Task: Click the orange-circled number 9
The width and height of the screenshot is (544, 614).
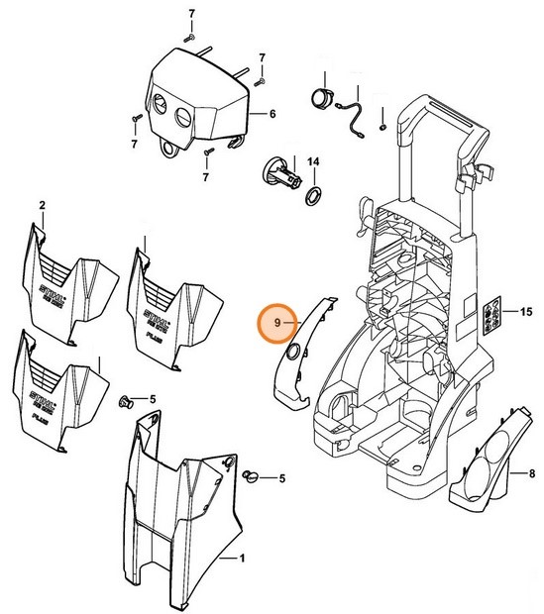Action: [277, 323]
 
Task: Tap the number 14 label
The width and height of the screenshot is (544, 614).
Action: [312, 161]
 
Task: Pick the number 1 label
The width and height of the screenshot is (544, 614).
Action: [239, 559]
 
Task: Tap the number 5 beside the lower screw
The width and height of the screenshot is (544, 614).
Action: [281, 478]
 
